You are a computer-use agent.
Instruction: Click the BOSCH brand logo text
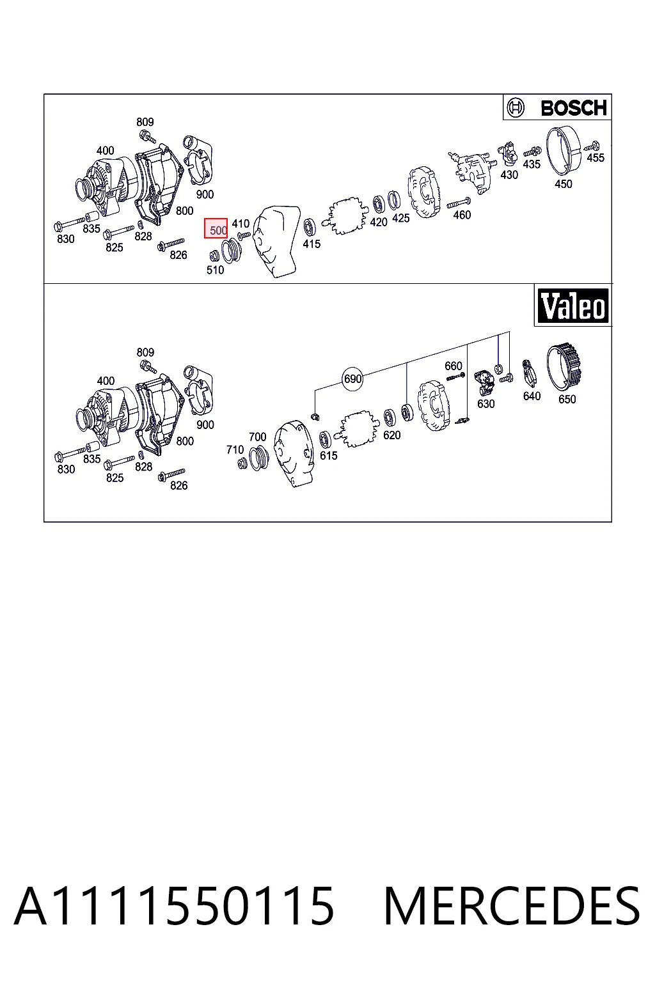573,108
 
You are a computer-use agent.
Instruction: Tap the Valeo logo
573,306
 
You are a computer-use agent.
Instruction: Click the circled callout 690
352,378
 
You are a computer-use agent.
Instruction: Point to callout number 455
596,158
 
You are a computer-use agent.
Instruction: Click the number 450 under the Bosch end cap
564,184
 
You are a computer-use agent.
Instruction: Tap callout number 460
462,215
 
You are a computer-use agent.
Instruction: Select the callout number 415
312,244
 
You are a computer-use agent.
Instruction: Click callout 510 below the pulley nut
216,270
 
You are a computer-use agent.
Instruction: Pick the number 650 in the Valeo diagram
567,400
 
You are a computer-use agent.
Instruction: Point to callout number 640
532,396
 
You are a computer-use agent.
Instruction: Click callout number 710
235,450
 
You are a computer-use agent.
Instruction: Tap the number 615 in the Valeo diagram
329,456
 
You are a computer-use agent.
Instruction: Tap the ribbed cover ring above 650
565,368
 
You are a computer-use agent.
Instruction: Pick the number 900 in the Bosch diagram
205,194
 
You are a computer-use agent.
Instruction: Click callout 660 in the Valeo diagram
454,366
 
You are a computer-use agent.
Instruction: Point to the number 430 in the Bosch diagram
509,175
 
